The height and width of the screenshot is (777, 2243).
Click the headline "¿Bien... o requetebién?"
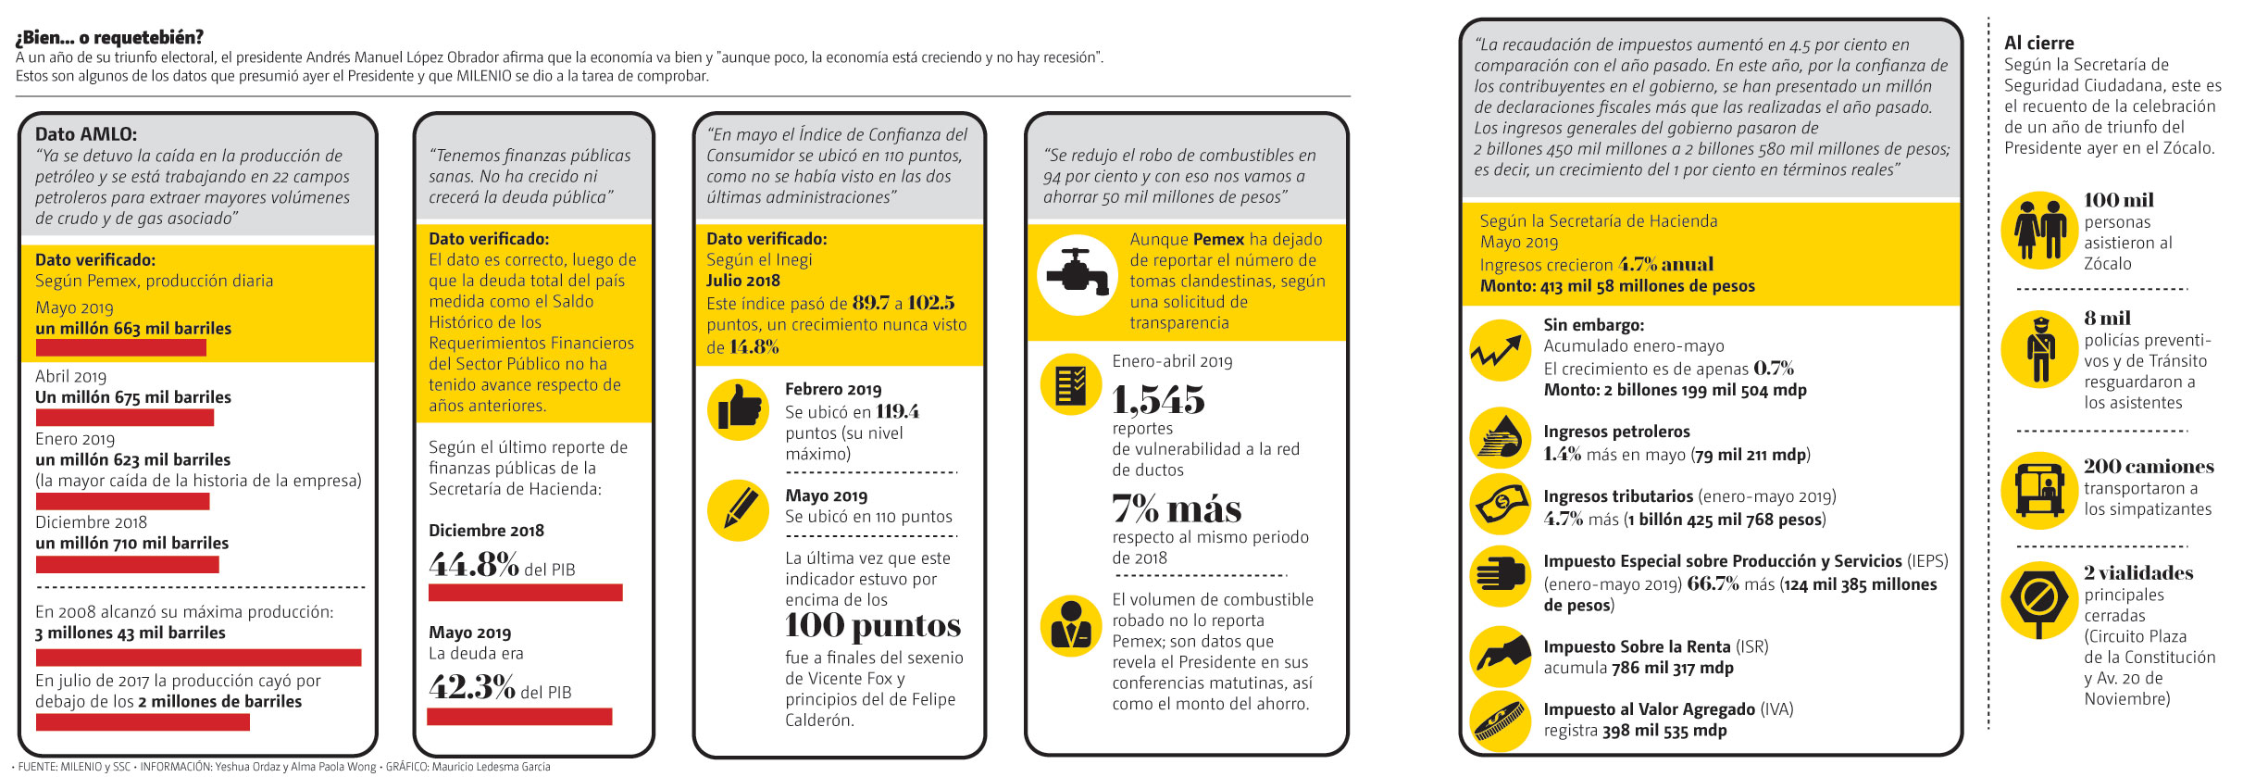[x=109, y=37]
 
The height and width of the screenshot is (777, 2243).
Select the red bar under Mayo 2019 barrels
[x=120, y=348]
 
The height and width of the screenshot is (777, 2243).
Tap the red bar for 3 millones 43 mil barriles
[x=198, y=658]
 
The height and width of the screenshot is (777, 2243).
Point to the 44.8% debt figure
[x=473, y=565]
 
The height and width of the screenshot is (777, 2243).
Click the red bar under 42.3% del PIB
[x=519, y=717]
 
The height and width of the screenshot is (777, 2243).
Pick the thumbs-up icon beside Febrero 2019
[x=738, y=409]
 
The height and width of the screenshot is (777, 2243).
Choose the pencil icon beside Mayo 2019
[x=738, y=509]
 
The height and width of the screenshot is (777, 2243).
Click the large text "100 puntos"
[x=873, y=626]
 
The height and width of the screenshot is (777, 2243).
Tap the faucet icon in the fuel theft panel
[x=1077, y=274]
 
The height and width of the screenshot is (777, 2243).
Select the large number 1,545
[x=1158, y=400]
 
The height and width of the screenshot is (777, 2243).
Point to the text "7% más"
[x=1177, y=509]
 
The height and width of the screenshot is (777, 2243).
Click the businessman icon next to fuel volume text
[x=1071, y=626]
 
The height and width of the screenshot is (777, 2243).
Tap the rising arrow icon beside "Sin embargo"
[x=1500, y=351]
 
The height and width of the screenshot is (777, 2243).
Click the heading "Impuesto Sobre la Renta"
[x=1637, y=646]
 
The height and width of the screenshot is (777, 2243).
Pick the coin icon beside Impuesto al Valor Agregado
[x=1500, y=721]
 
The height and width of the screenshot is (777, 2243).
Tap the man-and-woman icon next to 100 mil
[x=2039, y=231]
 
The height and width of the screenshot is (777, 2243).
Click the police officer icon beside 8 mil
[x=2039, y=349]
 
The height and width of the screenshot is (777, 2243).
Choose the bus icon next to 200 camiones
[x=2039, y=488]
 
